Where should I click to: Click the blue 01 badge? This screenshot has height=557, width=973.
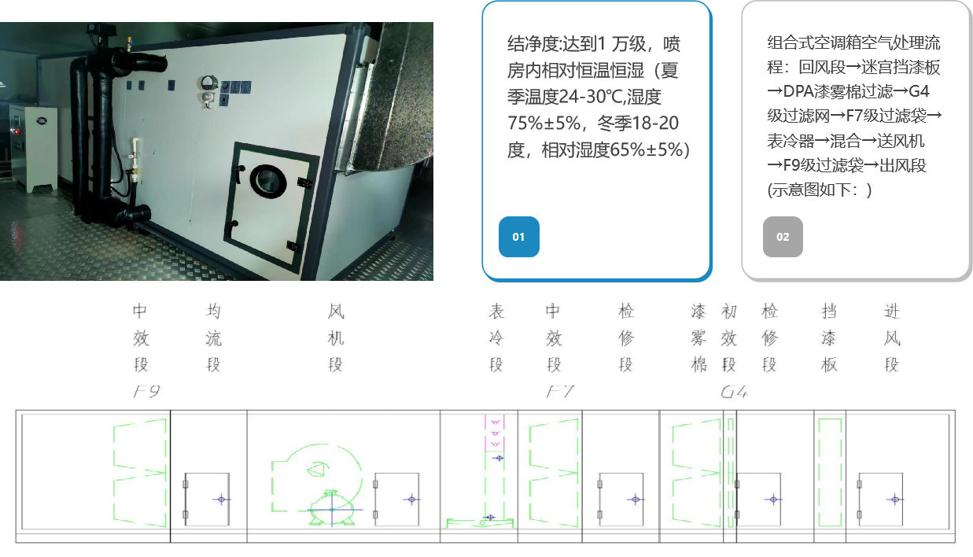click(x=518, y=237)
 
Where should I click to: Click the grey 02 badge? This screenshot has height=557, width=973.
click(x=783, y=237)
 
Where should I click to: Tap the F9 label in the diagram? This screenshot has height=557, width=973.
click(x=147, y=391)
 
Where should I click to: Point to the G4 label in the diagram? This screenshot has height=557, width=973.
click(x=733, y=391)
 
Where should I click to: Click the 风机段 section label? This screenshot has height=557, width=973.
click(x=336, y=338)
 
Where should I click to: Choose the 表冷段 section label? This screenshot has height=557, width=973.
click(x=496, y=338)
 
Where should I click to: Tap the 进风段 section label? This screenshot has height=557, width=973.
click(x=891, y=338)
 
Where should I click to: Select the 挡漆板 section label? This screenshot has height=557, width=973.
click(x=829, y=338)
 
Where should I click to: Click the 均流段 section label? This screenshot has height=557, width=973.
click(x=213, y=338)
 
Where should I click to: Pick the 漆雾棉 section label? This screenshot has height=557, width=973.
click(x=698, y=338)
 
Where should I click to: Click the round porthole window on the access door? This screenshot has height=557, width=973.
click(x=267, y=180)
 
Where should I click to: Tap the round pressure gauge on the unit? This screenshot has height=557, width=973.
click(x=208, y=82)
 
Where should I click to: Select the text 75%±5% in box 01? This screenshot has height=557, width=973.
click(x=544, y=124)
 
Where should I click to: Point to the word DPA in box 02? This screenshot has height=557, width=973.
click(x=799, y=91)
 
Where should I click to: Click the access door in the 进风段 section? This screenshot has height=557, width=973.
click(x=880, y=499)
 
